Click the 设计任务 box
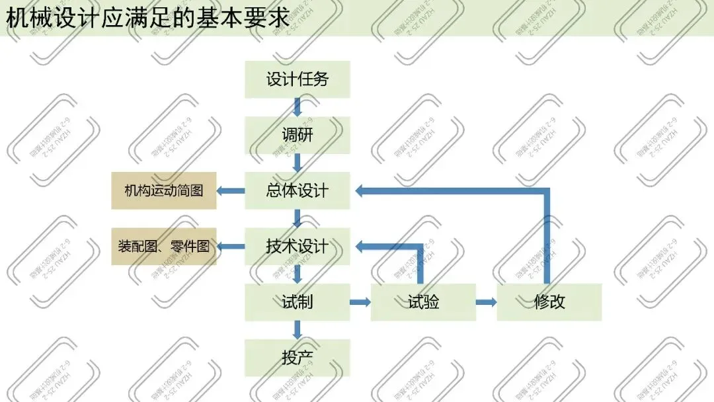click(297, 80)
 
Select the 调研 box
click(297, 136)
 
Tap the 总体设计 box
click(297, 191)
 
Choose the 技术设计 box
click(297, 247)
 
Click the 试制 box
click(297, 302)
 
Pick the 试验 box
click(423, 302)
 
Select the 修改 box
click(549, 302)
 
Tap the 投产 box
click(297, 358)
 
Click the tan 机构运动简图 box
click(164, 191)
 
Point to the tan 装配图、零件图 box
click(164, 247)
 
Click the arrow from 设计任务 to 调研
click(297, 107)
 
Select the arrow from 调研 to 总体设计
click(297, 163)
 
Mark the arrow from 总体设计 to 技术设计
click(297, 218)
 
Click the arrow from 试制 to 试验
click(360, 302)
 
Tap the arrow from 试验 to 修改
click(487, 302)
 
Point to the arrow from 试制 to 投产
click(297, 330)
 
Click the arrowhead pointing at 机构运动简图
click(223, 191)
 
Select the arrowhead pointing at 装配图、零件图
click(223, 247)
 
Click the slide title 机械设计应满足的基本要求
click(148, 18)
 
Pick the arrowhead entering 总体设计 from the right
click(360, 191)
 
